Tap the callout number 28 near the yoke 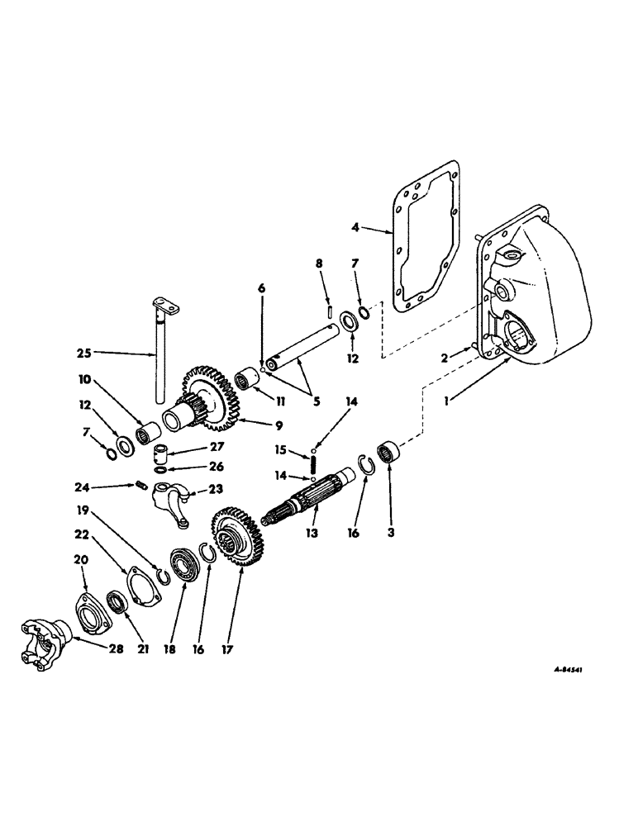click(x=116, y=649)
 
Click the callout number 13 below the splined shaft click(x=312, y=534)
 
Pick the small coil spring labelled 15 click(x=313, y=467)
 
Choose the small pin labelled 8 click(x=330, y=311)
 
